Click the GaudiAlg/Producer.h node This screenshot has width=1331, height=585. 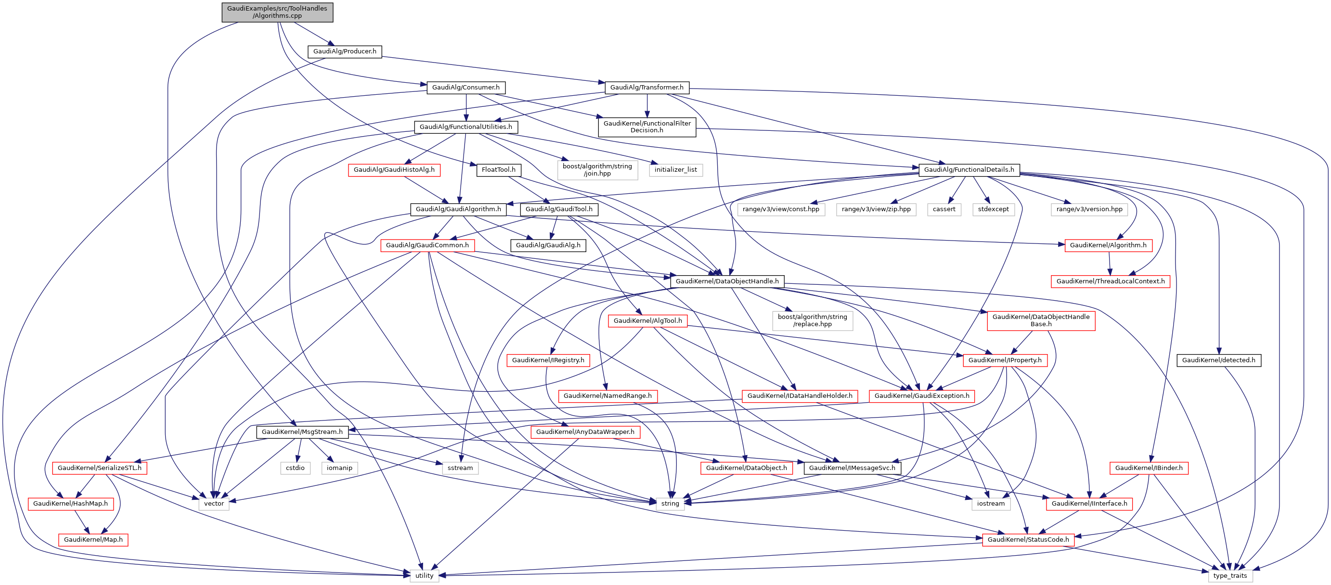pos(345,51)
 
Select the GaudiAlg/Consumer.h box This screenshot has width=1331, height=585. pos(465,88)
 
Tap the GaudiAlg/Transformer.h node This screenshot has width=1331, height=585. pos(646,88)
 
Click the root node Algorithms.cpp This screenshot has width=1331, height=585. pos(277,12)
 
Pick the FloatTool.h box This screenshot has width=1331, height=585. pos(498,170)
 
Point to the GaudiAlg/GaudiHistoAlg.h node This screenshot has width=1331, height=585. pos(394,170)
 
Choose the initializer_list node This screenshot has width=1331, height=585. pos(675,170)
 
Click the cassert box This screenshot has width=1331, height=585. pos(943,210)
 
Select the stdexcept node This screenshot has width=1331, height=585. pos(993,210)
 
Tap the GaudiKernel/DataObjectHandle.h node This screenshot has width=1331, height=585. pos(727,281)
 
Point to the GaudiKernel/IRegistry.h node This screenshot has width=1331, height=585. pos(548,360)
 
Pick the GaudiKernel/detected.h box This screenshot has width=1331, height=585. pos(1218,360)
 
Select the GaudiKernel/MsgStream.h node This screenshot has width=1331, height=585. pos(302,432)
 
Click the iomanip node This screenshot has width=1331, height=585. pos(339,468)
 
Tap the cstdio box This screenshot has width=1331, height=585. pos(295,468)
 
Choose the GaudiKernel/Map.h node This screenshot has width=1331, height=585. pos(93,540)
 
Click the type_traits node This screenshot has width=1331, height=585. pos(1230,576)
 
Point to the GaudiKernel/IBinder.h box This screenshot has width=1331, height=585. pos(1149,468)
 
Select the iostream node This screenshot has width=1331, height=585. pos(991,504)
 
